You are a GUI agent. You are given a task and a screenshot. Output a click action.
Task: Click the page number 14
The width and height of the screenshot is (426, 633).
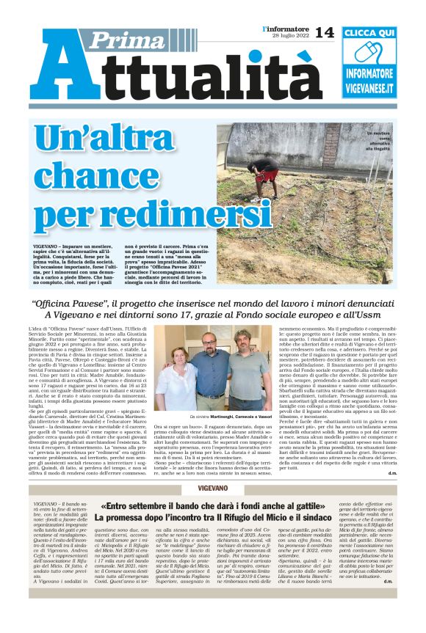[x=324, y=32]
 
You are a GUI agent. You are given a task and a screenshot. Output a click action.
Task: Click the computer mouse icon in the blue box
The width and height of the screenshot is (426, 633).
[x=371, y=54]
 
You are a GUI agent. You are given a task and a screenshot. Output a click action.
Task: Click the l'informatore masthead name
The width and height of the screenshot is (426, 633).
[x=286, y=29]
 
